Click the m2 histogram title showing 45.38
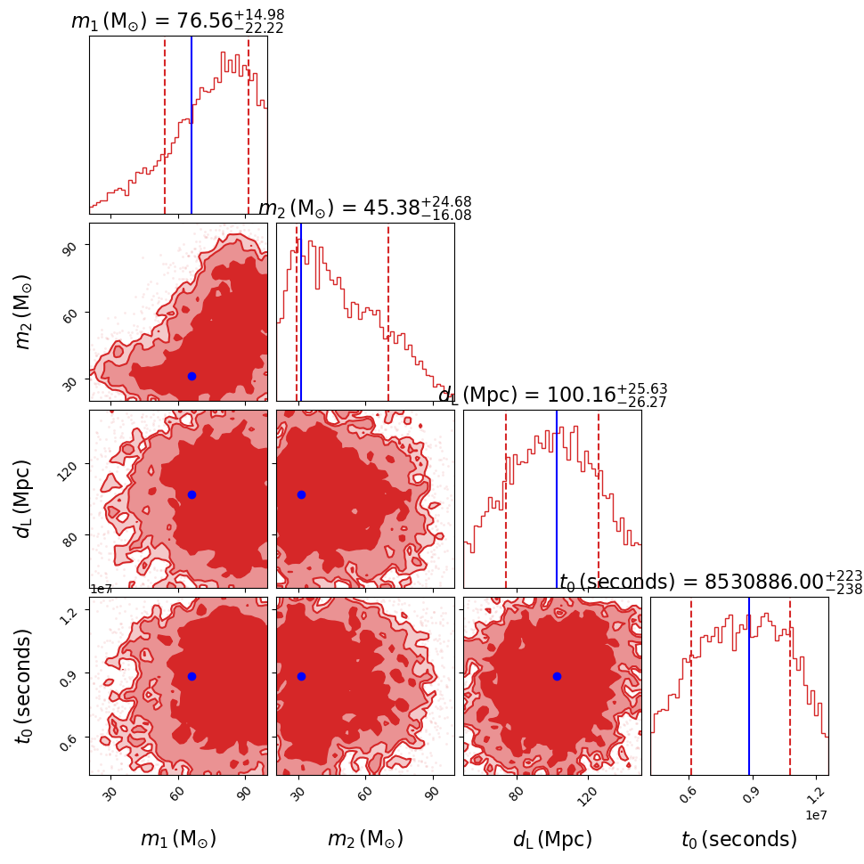364,208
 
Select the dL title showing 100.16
552,395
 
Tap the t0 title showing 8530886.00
711,583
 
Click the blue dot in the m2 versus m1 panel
192,376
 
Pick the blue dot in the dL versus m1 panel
192,494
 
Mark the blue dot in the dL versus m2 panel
301,494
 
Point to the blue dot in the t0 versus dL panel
557,676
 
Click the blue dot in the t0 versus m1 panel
192,676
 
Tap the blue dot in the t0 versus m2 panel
301,676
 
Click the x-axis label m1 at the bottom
178,839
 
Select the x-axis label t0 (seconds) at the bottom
739,839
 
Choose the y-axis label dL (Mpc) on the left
24,499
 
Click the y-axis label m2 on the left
24,312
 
